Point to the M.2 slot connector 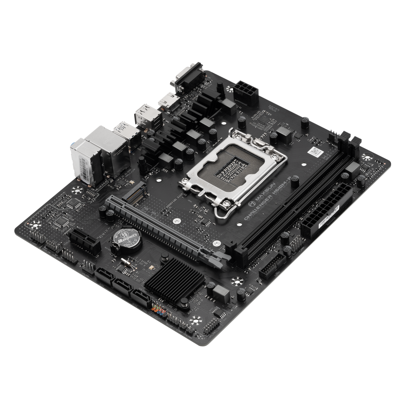pyautogui.click(x=134, y=194)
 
